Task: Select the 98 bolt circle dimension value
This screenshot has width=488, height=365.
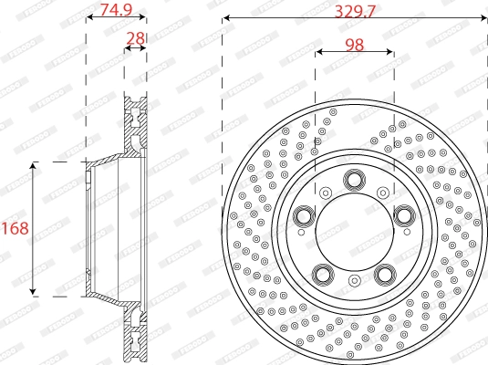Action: (x=355, y=45)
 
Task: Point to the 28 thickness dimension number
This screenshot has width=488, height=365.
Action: (x=136, y=37)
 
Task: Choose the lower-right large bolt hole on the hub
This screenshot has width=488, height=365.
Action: (x=385, y=273)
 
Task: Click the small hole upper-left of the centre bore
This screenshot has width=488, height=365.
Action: (x=326, y=192)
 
